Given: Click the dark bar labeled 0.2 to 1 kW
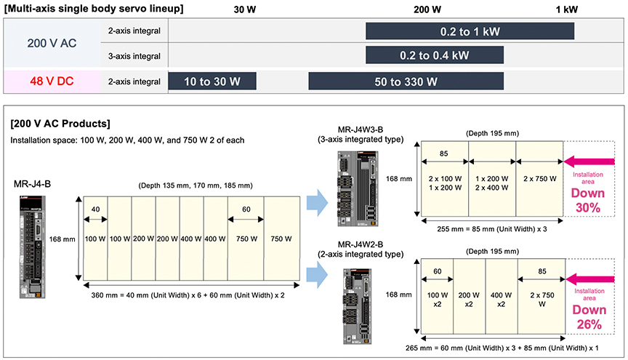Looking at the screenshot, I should [x=470, y=32].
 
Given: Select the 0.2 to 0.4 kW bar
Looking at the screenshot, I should [x=434, y=55].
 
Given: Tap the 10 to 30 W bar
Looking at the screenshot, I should [x=212, y=81].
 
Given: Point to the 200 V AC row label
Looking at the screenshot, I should [x=52, y=43].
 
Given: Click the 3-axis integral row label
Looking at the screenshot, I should [x=134, y=55].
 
